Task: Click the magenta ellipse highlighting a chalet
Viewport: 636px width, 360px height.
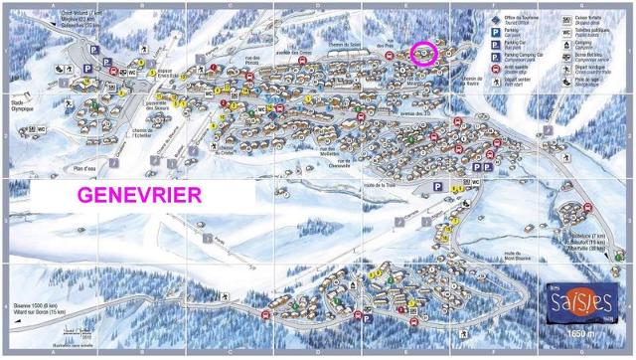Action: pyautogui.click(x=425, y=54)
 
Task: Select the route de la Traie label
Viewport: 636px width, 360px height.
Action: pyautogui.click(x=380, y=185)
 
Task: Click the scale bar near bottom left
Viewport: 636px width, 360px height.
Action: pyautogui.click(x=70, y=331)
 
